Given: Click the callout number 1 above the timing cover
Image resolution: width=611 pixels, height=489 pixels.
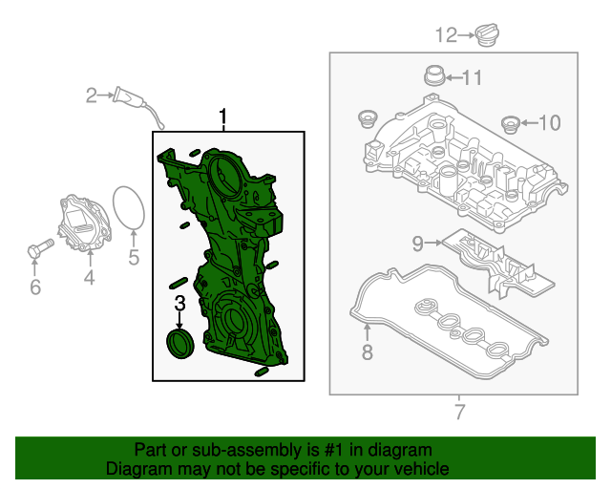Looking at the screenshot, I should click(224, 117).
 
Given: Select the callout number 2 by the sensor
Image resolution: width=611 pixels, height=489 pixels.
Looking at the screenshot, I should click(92, 95).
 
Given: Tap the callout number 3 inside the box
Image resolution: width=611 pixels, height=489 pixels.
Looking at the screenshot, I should click(179, 305).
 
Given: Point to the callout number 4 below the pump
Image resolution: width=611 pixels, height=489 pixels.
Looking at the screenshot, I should click(89, 278).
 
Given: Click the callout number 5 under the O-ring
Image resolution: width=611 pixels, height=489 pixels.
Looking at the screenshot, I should click(134, 256).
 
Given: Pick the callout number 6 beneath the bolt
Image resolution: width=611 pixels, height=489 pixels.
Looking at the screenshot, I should click(35, 286).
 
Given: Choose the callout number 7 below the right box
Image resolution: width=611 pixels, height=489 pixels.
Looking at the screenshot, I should click(459, 413).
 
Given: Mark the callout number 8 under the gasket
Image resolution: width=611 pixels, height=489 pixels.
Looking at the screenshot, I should click(368, 354).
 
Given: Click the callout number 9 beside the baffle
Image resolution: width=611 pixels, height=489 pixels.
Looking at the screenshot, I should click(417, 244).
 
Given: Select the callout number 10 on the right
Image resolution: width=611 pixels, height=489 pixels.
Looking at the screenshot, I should click(551, 122).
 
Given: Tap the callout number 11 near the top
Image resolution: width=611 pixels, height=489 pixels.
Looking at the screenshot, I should click(473, 77).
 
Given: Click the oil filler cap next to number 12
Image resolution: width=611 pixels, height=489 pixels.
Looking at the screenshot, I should click(489, 36).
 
